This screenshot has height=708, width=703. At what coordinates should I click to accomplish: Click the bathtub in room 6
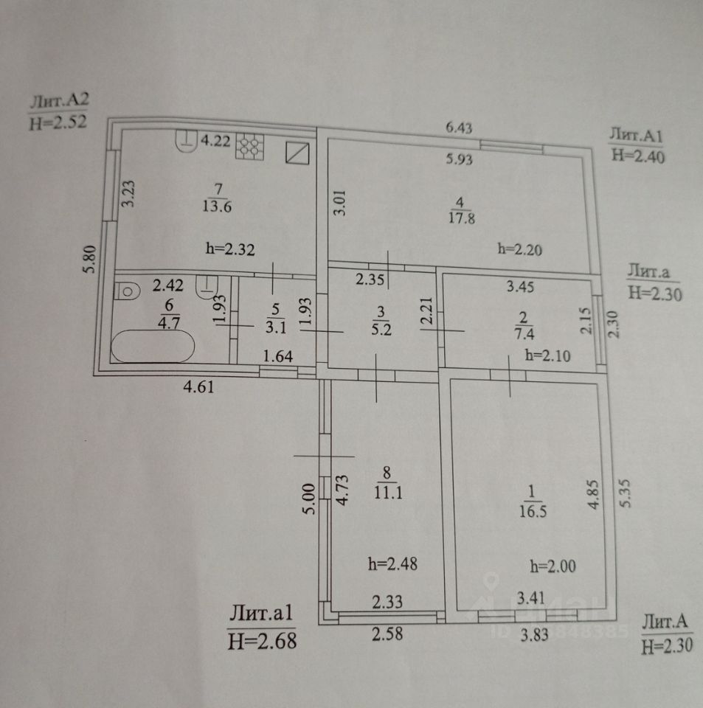[153, 347]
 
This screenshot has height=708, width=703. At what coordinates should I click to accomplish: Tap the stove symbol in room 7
[250, 145]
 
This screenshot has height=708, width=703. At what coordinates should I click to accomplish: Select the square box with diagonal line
[297, 153]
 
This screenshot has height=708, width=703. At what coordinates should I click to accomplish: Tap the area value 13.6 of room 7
[218, 206]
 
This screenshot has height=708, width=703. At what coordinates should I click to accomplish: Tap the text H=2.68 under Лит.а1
[263, 640]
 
